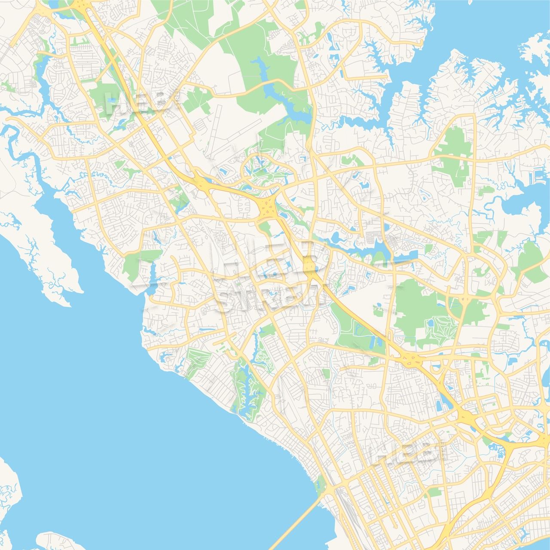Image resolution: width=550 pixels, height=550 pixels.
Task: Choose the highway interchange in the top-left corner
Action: tap(79, 5)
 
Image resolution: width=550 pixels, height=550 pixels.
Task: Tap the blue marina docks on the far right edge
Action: tap(540, 177)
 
